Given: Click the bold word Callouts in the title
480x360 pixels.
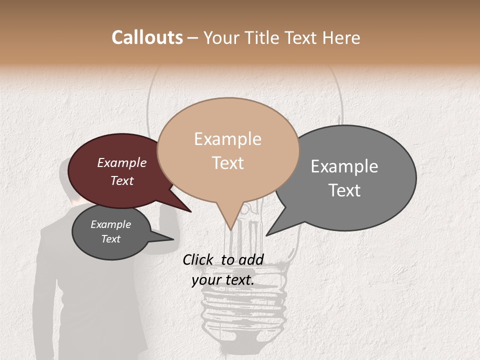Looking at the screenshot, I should (x=147, y=37).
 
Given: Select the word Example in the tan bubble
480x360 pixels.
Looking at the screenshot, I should (x=227, y=139).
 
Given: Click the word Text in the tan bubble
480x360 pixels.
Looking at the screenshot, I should (x=227, y=163).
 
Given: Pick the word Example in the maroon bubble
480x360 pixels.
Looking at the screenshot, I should (x=122, y=162).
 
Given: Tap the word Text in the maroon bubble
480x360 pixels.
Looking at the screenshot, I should (x=122, y=180).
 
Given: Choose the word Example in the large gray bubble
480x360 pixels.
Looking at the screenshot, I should (x=344, y=166).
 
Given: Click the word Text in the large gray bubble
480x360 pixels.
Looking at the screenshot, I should (x=344, y=190).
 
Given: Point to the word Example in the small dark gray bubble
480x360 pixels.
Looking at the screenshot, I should (x=110, y=224).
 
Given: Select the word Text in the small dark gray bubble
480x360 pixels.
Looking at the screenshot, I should (x=110, y=239).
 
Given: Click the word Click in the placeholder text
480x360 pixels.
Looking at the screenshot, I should (x=198, y=259).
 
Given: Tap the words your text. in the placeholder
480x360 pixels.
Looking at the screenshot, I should (x=223, y=280).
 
